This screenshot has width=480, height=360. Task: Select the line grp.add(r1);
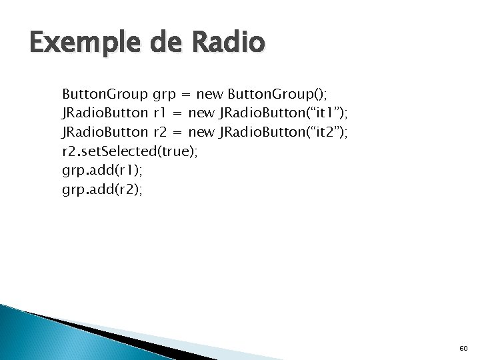101,171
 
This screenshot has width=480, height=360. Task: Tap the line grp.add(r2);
102,190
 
